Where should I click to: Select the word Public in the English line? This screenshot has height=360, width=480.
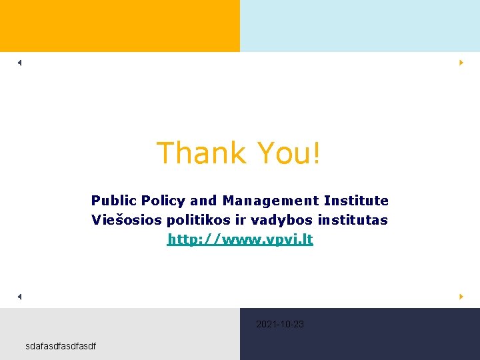click(x=113, y=201)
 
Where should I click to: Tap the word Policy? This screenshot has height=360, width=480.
click(x=163, y=201)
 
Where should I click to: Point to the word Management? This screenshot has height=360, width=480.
click(x=271, y=201)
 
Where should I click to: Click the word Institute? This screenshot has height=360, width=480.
click(x=356, y=201)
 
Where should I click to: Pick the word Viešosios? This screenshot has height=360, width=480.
click(x=124, y=220)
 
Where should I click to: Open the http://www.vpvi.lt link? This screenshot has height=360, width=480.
click(x=240, y=239)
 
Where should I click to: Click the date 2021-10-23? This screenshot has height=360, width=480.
click(x=280, y=325)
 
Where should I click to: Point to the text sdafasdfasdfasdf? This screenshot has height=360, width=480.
click(x=61, y=346)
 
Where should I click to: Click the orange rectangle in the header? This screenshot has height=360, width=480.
click(x=120, y=26)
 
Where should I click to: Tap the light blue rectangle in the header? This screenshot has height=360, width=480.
click(x=360, y=26)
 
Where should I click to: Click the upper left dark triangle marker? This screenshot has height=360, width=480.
click(x=20, y=63)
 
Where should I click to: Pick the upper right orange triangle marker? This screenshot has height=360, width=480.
click(x=461, y=63)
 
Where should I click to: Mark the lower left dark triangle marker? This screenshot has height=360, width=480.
click(x=20, y=296)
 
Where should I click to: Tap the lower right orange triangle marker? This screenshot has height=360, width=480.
click(x=461, y=296)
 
